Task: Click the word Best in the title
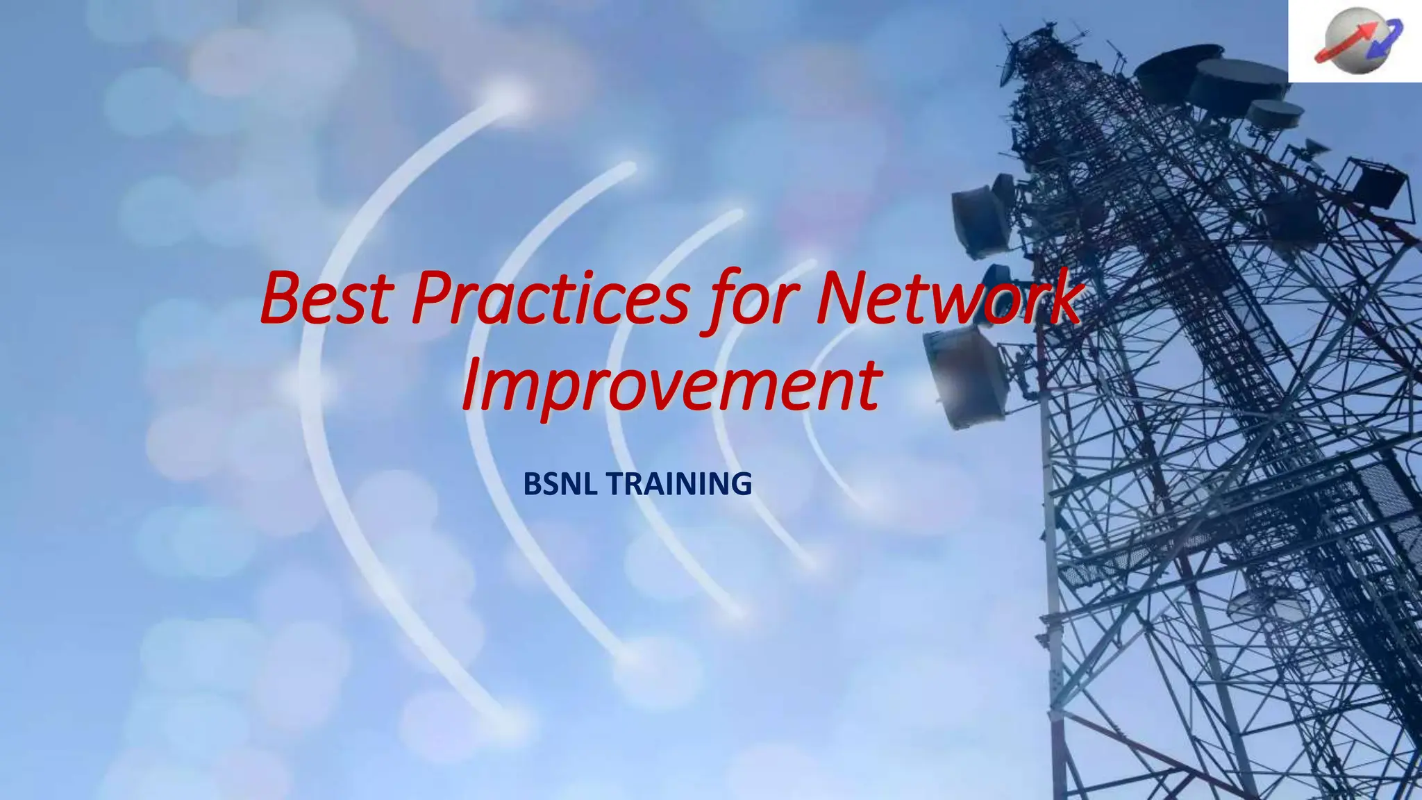pyautogui.click(x=325, y=299)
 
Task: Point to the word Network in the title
pyautogui.click(x=948, y=299)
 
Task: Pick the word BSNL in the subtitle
pyautogui.click(x=560, y=484)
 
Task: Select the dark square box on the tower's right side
pyautogui.click(x=1378, y=182)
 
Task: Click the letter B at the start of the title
pyautogui.click(x=282, y=299)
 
